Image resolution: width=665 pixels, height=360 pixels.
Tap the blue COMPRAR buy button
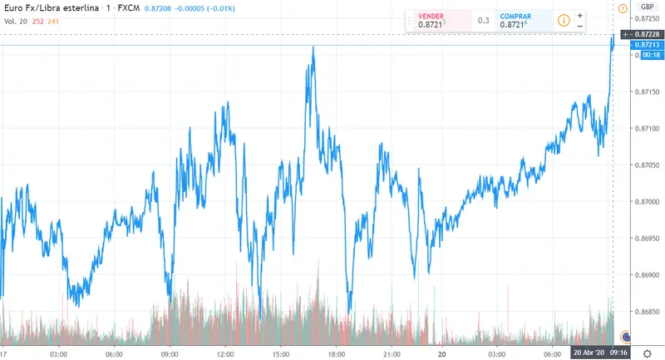pos(521,21)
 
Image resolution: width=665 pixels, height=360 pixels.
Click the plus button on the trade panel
pos(580,15)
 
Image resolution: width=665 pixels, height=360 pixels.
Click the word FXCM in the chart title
pos(129,8)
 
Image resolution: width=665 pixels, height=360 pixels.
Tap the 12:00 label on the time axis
pos(224,353)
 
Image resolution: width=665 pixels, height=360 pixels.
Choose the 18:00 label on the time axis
pos(337,353)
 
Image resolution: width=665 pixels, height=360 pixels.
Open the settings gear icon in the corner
pos(647,353)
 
